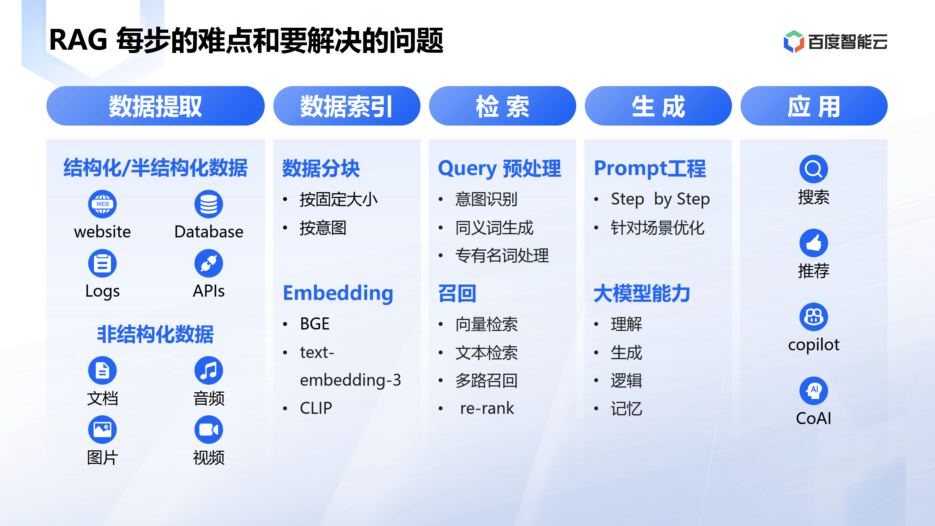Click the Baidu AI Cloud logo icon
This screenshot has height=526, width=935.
pos(793,41)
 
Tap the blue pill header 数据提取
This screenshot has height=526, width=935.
pos(155,106)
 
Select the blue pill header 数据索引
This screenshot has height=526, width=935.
pos(346,106)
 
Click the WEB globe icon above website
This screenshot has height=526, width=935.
pos(102,204)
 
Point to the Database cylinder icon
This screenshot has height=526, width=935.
pos(209,204)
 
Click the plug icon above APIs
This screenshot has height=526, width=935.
pos(209,263)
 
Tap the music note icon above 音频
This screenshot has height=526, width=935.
pos(209,370)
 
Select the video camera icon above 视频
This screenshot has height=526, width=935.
pos(209,430)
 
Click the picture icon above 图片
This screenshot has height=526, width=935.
pos(102,430)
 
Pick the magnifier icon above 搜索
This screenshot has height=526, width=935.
pos(813,169)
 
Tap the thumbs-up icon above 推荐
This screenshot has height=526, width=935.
pos(813,243)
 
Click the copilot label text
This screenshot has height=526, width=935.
pos(813,344)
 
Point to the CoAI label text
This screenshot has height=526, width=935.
pos(813,418)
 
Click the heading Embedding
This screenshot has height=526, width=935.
pos(338,293)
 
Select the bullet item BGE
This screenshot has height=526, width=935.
pos(314,324)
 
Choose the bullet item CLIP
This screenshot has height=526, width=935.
pos(316,408)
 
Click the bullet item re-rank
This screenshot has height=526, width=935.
pos(486,408)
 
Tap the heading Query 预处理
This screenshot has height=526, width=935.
pos(499,168)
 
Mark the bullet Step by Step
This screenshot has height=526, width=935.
pos(660,199)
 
